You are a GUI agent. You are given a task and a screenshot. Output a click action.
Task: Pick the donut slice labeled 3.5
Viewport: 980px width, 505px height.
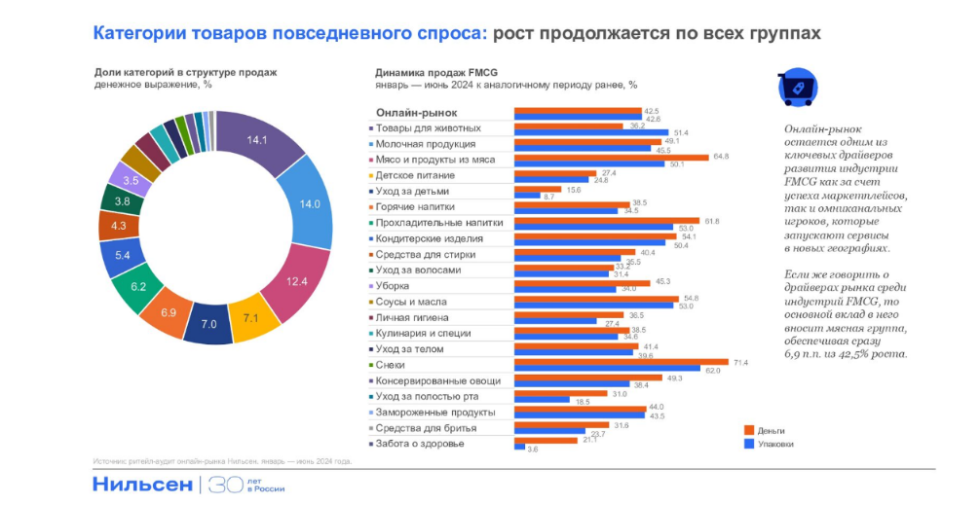[131, 180]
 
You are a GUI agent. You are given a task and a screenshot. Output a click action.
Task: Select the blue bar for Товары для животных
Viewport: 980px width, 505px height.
[590, 132]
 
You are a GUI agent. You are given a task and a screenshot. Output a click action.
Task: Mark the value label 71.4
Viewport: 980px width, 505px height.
[739, 363]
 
